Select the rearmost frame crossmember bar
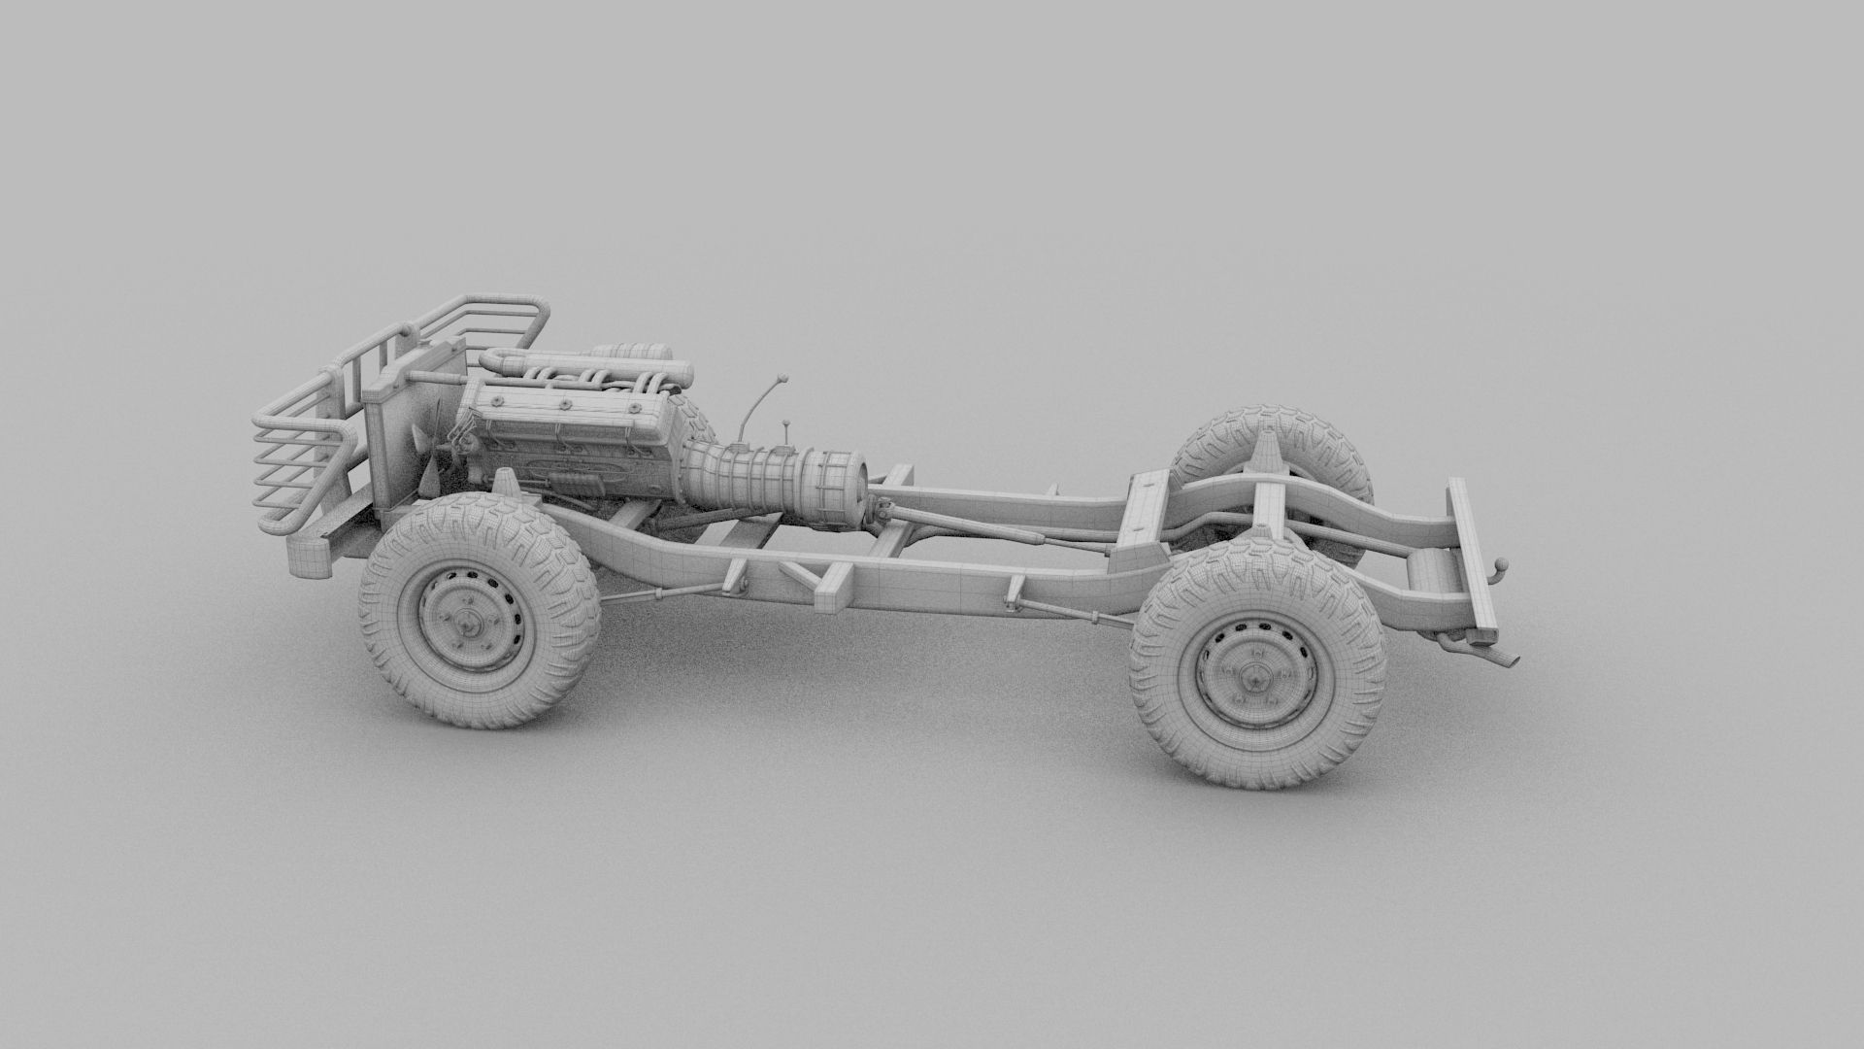[1472, 558]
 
